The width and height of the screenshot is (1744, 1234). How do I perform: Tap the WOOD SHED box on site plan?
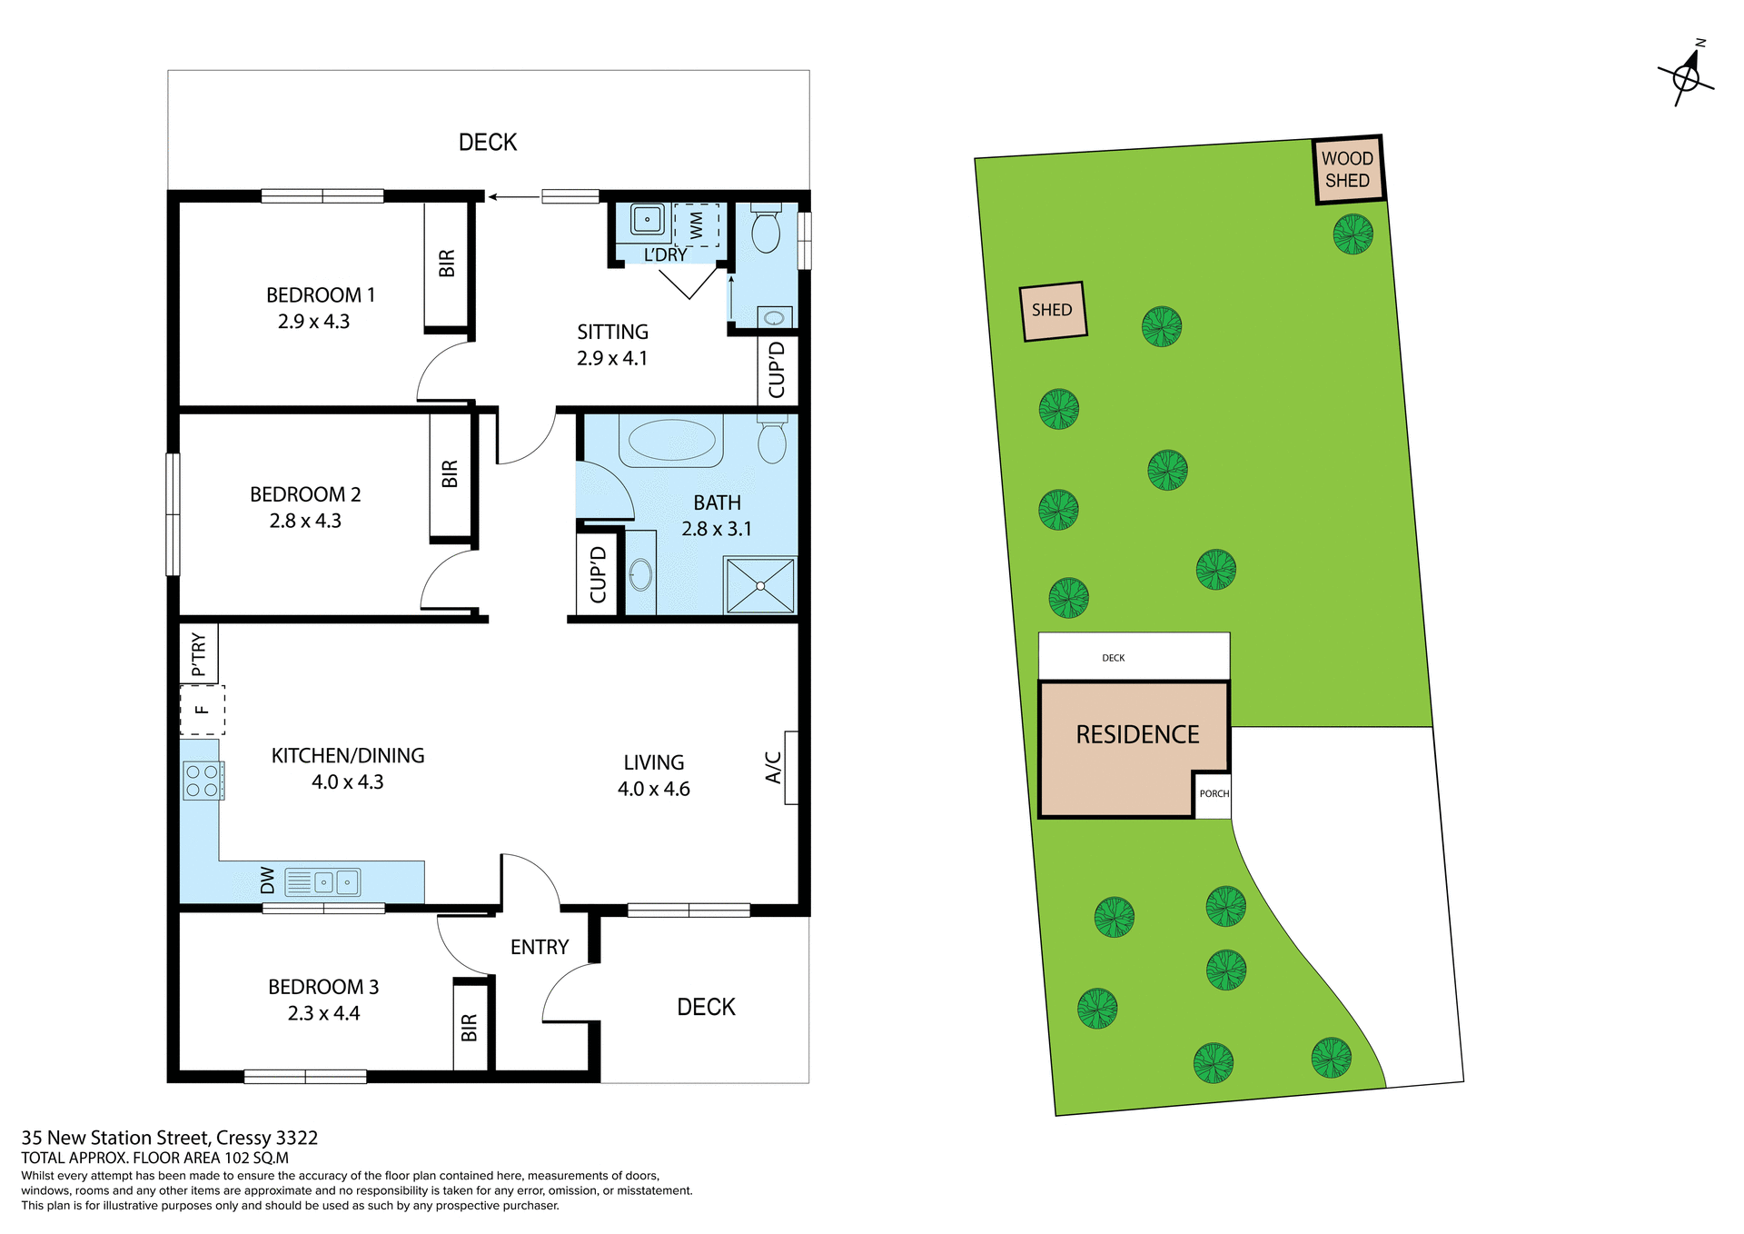[1348, 170]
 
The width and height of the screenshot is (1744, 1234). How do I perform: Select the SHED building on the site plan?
[1053, 311]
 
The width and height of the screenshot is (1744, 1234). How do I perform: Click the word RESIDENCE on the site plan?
[1137, 734]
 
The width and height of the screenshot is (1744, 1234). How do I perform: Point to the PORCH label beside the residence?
[1214, 794]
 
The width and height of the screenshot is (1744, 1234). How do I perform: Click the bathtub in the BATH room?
[671, 440]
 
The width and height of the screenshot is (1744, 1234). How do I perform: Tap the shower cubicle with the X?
[760, 586]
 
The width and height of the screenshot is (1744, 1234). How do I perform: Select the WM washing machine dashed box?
[696, 224]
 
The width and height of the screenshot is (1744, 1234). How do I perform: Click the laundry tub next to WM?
[647, 219]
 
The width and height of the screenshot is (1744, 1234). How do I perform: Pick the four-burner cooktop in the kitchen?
[202, 781]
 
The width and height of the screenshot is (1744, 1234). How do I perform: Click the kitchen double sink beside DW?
[336, 881]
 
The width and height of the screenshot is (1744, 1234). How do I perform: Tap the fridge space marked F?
[202, 710]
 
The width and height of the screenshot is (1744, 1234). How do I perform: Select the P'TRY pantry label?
[199, 653]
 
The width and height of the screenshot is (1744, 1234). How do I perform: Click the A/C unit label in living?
[773, 767]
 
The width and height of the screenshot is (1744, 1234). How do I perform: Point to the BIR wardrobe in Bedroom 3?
[470, 1027]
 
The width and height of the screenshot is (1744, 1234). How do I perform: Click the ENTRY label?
[540, 947]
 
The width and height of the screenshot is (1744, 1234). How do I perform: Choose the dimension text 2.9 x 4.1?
[612, 359]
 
